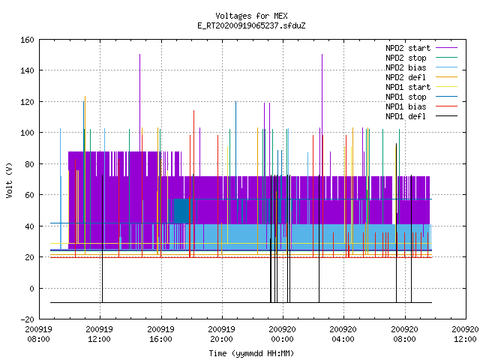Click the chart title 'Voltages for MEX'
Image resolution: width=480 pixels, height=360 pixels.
click(251, 16)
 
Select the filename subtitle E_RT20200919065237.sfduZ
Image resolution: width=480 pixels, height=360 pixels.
click(251, 25)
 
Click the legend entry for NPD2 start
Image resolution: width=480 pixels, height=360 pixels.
click(408, 48)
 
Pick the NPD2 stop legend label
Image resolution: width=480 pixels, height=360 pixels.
click(406, 58)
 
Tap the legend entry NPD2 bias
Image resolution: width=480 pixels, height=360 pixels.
click(406, 67)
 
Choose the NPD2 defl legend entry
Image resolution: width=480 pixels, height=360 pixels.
click(406, 77)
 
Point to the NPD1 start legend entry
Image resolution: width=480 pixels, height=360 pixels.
click(408, 87)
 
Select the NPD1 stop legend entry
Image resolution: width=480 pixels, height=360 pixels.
click(406, 97)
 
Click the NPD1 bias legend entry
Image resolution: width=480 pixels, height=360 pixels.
click(406, 106)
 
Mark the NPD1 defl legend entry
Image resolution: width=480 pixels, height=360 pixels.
click(406, 117)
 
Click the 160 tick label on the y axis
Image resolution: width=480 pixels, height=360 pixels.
click(27, 40)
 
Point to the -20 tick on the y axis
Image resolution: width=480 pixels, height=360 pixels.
click(27, 319)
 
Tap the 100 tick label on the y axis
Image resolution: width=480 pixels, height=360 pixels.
click(27, 133)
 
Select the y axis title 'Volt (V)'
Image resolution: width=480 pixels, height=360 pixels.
click(9, 180)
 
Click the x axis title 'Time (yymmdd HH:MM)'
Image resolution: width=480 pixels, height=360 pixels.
click(251, 353)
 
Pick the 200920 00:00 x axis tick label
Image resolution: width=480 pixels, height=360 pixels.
click(282, 334)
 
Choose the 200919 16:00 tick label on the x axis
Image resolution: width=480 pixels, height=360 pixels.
click(160, 334)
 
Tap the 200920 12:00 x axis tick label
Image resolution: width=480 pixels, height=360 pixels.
click(465, 334)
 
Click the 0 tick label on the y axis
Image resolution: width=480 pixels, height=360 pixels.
click(31, 289)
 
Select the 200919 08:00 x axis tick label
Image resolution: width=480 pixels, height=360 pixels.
click(38, 334)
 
